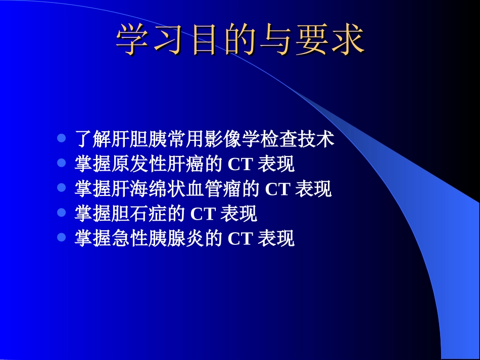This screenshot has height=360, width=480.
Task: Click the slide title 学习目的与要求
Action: (240, 40)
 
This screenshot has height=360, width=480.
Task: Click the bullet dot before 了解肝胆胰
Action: (62, 138)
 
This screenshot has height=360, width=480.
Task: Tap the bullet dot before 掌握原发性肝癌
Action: (62, 163)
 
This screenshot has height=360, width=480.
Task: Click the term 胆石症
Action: (139, 214)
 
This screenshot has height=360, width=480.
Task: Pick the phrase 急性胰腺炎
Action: (158, 238)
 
